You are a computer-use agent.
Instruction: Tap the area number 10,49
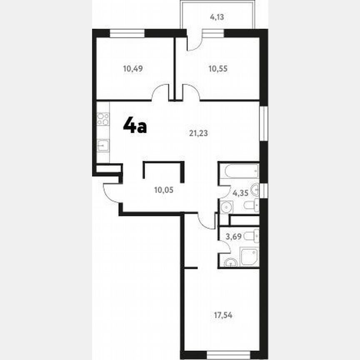[133, 69]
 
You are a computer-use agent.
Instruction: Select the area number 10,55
[218, 69]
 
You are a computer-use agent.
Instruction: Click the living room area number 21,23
[199, 133]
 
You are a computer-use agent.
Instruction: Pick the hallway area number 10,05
[163, 190]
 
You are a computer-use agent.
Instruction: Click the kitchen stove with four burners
[103, 119]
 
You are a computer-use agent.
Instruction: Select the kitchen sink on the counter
[103, 145]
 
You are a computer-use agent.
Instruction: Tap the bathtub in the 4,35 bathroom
[239, 171]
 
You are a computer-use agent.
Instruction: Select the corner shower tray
[250, 256]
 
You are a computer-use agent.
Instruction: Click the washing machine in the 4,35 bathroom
[225, 207]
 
